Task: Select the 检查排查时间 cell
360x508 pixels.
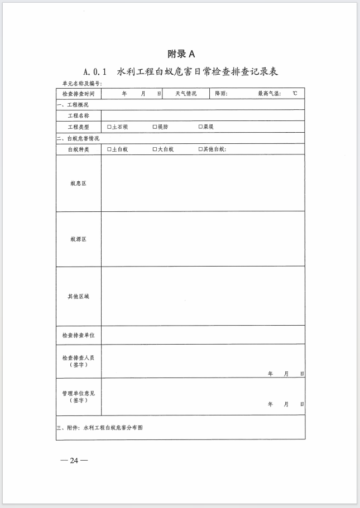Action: coord(79,94)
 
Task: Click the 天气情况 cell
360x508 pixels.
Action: coord(186,94)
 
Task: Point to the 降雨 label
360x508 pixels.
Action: coord(221,94)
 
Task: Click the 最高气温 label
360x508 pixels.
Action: coord(268,94)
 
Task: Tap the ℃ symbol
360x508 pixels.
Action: coord(294,94)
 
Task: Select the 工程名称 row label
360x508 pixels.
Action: coord(79,116)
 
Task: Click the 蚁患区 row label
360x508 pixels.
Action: coord(79,183)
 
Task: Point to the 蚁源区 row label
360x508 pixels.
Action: coord(79,239)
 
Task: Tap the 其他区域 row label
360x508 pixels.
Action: coord(79,296)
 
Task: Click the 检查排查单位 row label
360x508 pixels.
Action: coord(79,335)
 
